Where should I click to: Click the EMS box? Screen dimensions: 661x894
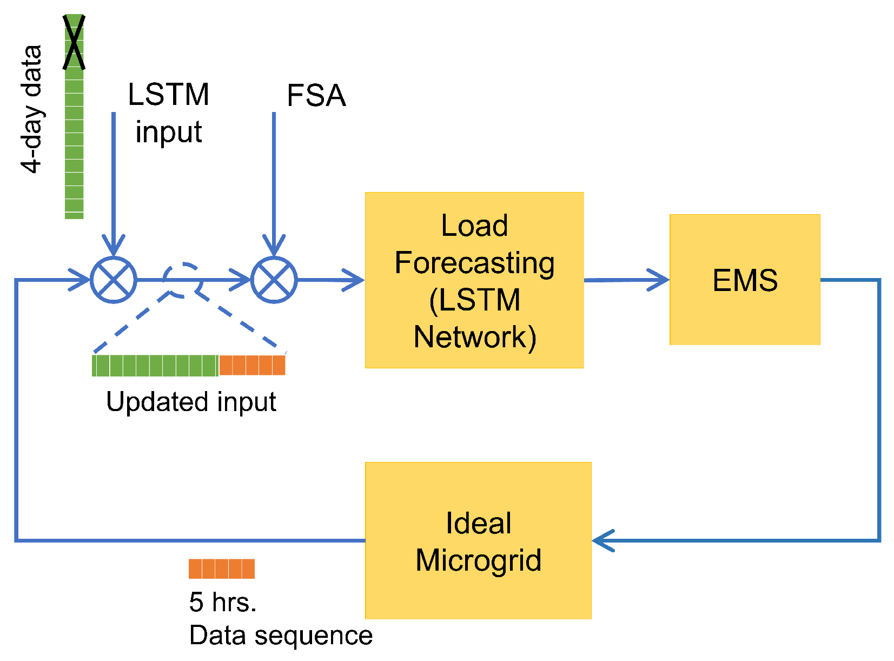(745, 280)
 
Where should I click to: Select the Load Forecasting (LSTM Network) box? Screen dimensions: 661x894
(474, 280)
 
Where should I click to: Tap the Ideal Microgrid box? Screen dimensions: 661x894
(478, 540)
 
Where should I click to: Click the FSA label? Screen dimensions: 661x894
(316, 96)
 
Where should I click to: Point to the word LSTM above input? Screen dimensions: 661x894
(168, 95)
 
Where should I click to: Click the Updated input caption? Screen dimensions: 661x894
(191, 402)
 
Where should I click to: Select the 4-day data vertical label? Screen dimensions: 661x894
(31, 109)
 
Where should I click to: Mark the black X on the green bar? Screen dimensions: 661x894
(74, 42)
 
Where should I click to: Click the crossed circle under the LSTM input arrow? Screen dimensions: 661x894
(114, 280)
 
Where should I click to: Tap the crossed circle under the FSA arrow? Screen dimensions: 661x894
(274, 280)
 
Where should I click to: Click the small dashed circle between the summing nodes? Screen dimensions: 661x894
(183, 280)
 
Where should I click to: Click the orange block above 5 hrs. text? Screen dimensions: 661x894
(221, 569)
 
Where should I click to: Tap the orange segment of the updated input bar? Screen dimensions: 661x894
(252, 365)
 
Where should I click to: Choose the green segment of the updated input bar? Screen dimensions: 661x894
(155, 365)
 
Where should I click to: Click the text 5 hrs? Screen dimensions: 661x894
(222, 602)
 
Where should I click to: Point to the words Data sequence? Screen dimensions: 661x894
(281, 635)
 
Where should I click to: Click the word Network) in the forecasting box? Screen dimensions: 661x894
(475, 337)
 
